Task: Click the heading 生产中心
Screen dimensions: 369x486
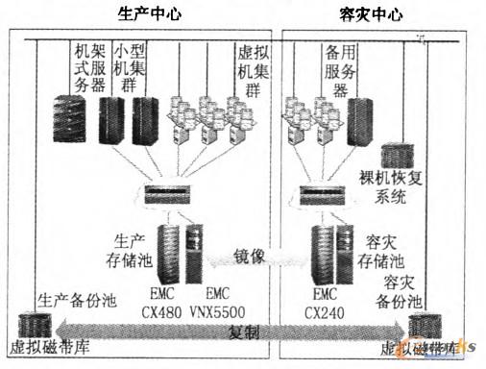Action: (149, 13)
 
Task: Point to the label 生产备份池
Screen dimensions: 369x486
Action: (76, 300)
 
